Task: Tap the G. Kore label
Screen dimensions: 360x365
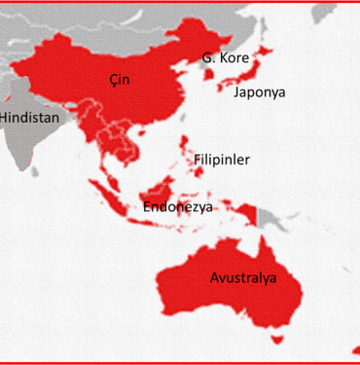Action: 225,58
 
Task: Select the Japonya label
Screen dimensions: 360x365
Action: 260,93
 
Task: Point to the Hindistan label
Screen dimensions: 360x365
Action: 29,117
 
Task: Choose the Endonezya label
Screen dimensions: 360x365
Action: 178,206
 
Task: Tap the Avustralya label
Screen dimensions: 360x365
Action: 243,277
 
